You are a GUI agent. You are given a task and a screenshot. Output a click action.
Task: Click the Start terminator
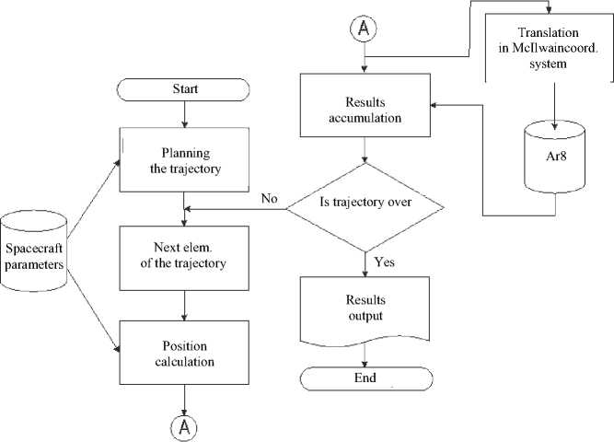click(x=186, y=90)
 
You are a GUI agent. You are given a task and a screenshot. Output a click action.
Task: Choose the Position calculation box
click(x=186, y=354)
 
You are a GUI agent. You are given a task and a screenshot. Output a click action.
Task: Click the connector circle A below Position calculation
click(x=187, y=426)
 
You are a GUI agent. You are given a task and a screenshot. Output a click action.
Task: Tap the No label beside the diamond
click(x=270, y=198)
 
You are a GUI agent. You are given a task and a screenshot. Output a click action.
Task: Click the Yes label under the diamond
click(x=385, y=263)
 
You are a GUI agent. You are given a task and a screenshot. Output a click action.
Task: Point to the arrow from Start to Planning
click(x=186, y=114)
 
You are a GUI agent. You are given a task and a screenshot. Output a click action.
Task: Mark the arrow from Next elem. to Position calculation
click(x=186, y=303)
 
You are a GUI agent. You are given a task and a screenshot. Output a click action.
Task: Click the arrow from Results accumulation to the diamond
click(x=367, y=150)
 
